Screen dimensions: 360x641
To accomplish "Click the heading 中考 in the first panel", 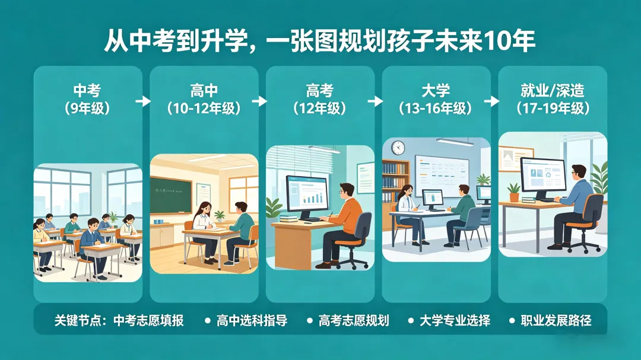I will point(87,91).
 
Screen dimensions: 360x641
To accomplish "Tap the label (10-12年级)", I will point(204,109).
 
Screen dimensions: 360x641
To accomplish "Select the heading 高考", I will point(320,91).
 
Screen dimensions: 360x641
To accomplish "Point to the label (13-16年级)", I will point(436,109).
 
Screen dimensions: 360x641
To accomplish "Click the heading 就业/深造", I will point(552,91).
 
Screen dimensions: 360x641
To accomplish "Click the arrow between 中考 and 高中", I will point(143,101).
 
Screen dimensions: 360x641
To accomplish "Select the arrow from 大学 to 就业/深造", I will point(491,101).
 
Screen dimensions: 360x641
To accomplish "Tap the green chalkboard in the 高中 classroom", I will point(171,195).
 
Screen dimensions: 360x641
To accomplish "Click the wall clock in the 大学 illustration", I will point(398,148).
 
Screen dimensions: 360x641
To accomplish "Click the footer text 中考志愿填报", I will point(148,321).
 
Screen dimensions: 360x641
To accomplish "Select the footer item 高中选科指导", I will point(252,321).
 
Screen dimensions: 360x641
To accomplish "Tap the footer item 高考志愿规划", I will point(354,321).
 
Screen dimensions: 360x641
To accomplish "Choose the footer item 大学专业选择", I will point(455,321).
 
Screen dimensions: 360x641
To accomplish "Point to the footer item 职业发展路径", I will point(556,321).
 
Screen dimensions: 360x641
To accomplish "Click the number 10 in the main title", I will point(497,42).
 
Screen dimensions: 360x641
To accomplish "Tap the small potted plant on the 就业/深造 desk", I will point(513,191).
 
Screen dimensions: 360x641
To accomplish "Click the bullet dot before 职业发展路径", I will point(512,321).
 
